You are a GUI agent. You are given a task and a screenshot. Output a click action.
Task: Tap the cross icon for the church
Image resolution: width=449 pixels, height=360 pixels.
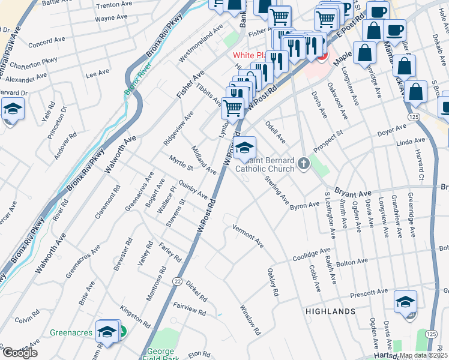click(304, 163)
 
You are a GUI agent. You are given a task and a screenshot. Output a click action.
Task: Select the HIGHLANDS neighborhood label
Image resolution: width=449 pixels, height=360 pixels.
click(330, 311)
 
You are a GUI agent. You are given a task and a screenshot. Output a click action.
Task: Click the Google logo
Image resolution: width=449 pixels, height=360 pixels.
click(19, 352)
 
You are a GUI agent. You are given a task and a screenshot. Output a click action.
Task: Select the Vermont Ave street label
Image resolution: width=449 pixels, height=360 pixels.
click(249, 236)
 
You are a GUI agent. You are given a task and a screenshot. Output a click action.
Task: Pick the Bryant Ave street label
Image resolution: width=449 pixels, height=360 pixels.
click(353, 193)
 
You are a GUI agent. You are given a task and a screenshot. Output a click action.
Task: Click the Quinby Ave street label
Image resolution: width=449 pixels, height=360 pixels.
click(193, 191)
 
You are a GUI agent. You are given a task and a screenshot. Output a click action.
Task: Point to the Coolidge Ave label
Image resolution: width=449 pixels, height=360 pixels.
click(312, 254)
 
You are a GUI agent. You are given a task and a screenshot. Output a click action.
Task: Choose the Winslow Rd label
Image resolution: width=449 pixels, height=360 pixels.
click(250, 320)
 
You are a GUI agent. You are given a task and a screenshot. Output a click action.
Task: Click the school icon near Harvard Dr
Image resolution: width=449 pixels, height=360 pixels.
click(11, 110)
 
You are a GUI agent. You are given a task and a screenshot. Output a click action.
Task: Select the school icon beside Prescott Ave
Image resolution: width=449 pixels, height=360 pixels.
click(406, 301)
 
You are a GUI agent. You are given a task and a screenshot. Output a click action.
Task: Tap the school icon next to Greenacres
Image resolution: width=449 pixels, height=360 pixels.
click(108, 331)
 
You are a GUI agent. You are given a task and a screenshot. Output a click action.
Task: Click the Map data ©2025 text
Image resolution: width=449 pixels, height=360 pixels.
click(424, 355)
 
